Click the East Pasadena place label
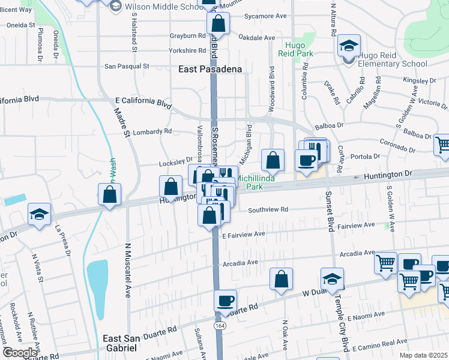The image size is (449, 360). (210, 70)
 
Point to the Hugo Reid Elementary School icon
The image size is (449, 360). (348, 46)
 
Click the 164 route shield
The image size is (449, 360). (220, 325)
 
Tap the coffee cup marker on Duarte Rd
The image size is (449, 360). (225, 300)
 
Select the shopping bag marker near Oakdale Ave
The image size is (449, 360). (218, 24)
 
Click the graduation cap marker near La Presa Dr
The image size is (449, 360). (39, 214)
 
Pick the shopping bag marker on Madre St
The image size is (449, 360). (110, 194)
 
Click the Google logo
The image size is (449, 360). (20, 353)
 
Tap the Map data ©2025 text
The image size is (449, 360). (423, 355)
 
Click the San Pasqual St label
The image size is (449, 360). (127, 67)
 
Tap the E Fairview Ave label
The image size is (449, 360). (243, 234)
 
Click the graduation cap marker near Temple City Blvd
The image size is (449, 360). (331, 278)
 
